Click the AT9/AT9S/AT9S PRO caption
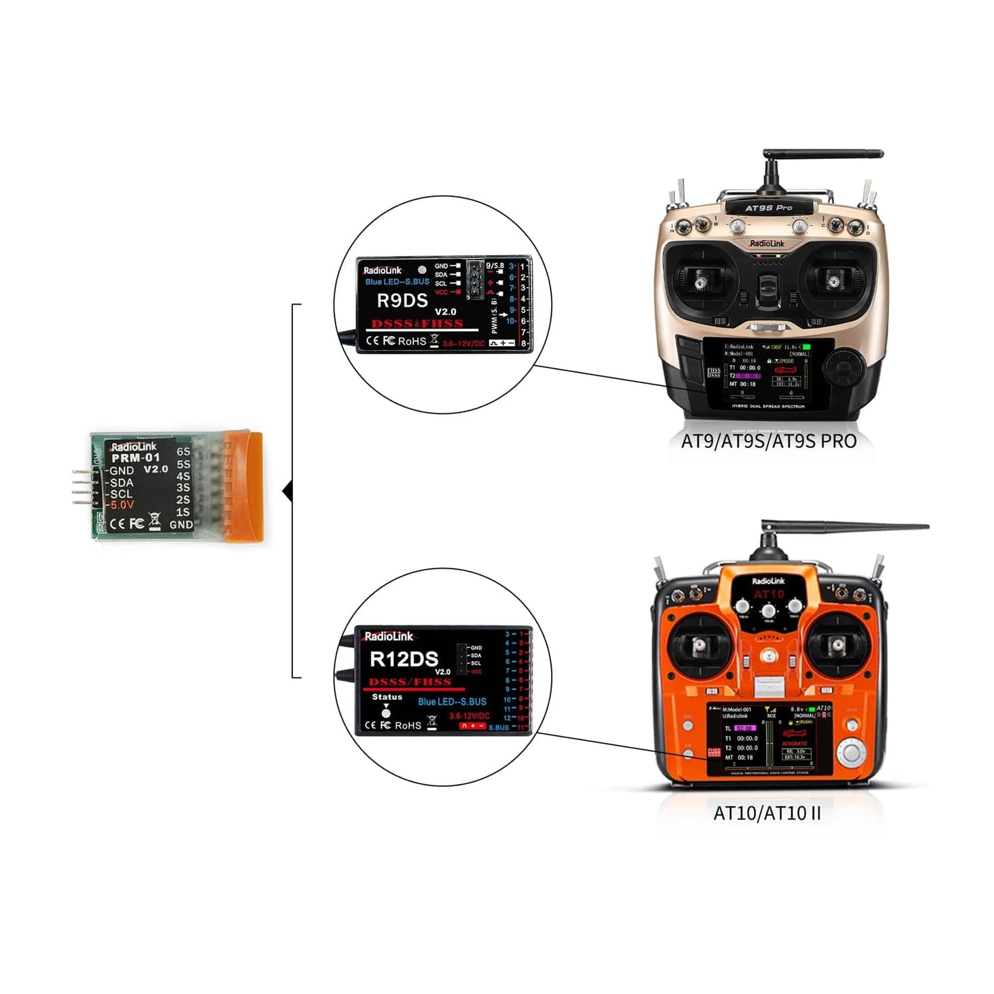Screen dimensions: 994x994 (x=768, y=441)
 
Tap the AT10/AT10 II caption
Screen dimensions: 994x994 (x=767, y=813)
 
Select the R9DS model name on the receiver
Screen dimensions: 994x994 (x=402, y=301)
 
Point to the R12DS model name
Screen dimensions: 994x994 (x=404, y=659)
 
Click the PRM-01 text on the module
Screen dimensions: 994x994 (x=136, y=458)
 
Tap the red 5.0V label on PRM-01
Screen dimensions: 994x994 (x=122, y=505)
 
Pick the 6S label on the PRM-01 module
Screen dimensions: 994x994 (x=183, y=452)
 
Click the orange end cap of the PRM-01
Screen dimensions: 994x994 (x=244, y=485)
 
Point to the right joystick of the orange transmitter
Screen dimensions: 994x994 (x=837, y=645)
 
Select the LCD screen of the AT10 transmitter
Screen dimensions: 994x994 (x=769, y=739)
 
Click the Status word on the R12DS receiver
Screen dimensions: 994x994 (x=387, y=697)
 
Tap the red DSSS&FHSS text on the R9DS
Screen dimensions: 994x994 (x=417, y=323)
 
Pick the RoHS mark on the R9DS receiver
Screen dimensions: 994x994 (x=412, y=341)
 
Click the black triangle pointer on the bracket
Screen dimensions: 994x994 (x=288, y=491)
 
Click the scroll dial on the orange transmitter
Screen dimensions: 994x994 (x=851, y=752)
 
